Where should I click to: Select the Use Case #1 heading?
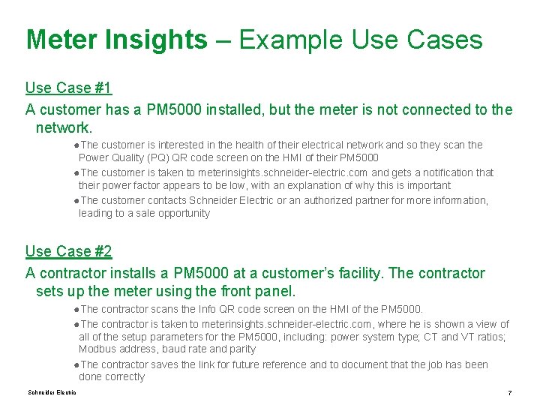[x=68, y=88]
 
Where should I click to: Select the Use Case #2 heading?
[x=68, y=251]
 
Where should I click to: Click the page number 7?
[x=509, y=393]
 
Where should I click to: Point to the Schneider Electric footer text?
[x=52, y=392]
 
